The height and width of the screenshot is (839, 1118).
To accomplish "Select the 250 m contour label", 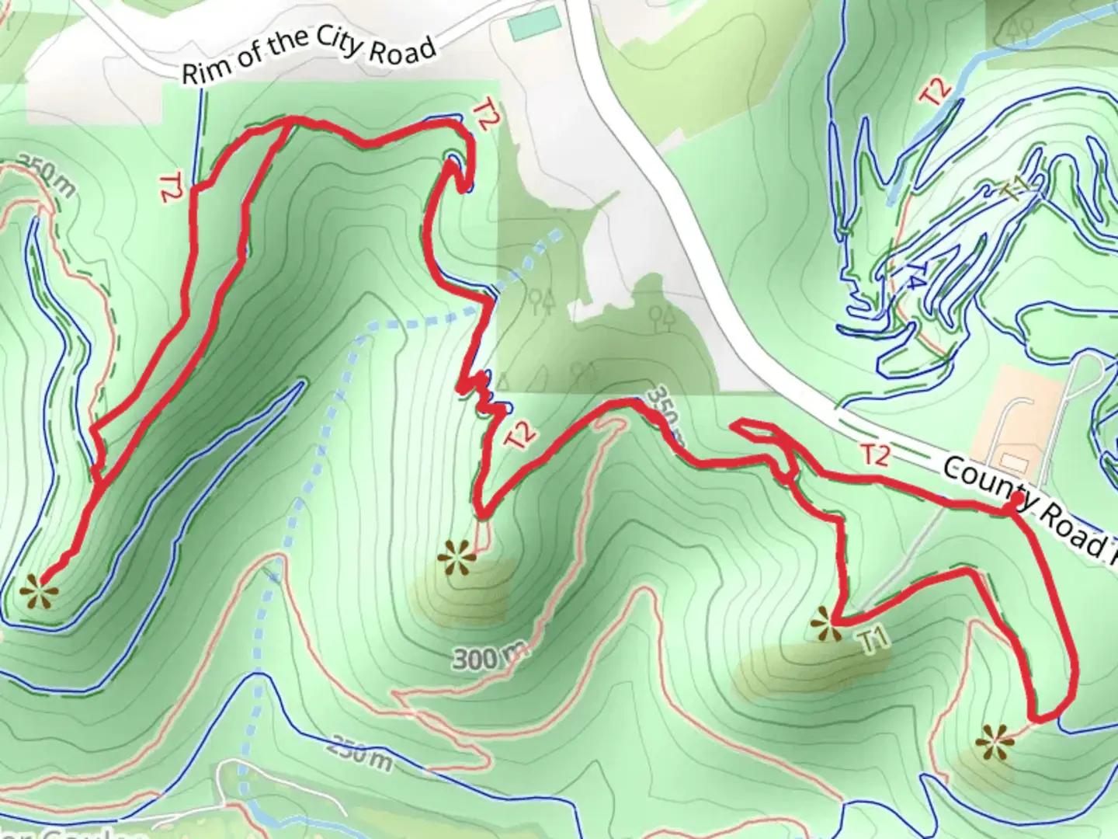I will tap(358, 753).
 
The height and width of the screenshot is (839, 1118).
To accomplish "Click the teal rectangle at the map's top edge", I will tap(533, 24).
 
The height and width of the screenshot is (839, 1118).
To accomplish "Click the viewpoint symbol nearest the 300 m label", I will tap(452, 558).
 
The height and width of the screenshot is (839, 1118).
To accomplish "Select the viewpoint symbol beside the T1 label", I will tap(824, 624).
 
